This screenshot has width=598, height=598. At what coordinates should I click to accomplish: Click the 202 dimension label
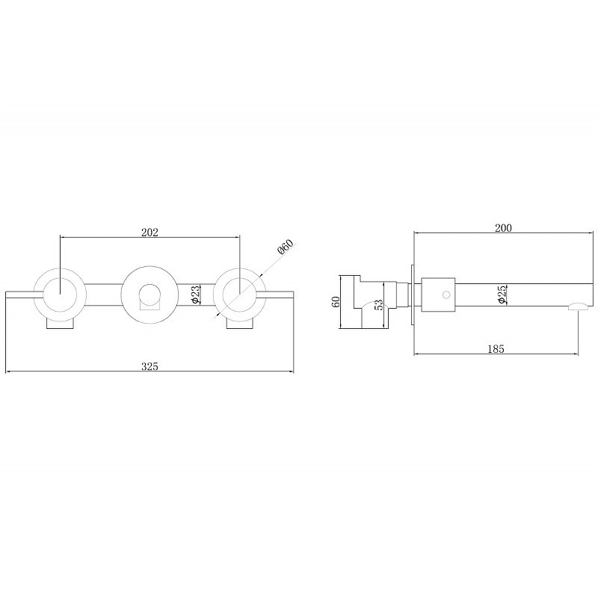pos(149,232)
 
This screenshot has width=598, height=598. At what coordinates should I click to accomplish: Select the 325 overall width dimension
pos(149,366)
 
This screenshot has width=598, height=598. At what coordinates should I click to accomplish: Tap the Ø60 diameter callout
pos(286,247)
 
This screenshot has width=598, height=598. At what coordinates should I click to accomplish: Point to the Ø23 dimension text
pos(195,295)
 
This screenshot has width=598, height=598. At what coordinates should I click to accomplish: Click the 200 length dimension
pos(503,228)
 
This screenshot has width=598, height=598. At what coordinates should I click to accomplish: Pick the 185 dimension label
pos(496,348)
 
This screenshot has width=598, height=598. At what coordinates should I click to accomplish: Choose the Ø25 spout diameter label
pos(502,294)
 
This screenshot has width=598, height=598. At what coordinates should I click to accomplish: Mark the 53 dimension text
pos(379,304)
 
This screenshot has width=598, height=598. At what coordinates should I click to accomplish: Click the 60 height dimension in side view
pos(336,302)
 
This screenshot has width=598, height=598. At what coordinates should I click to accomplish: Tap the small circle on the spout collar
pos(446,295)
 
